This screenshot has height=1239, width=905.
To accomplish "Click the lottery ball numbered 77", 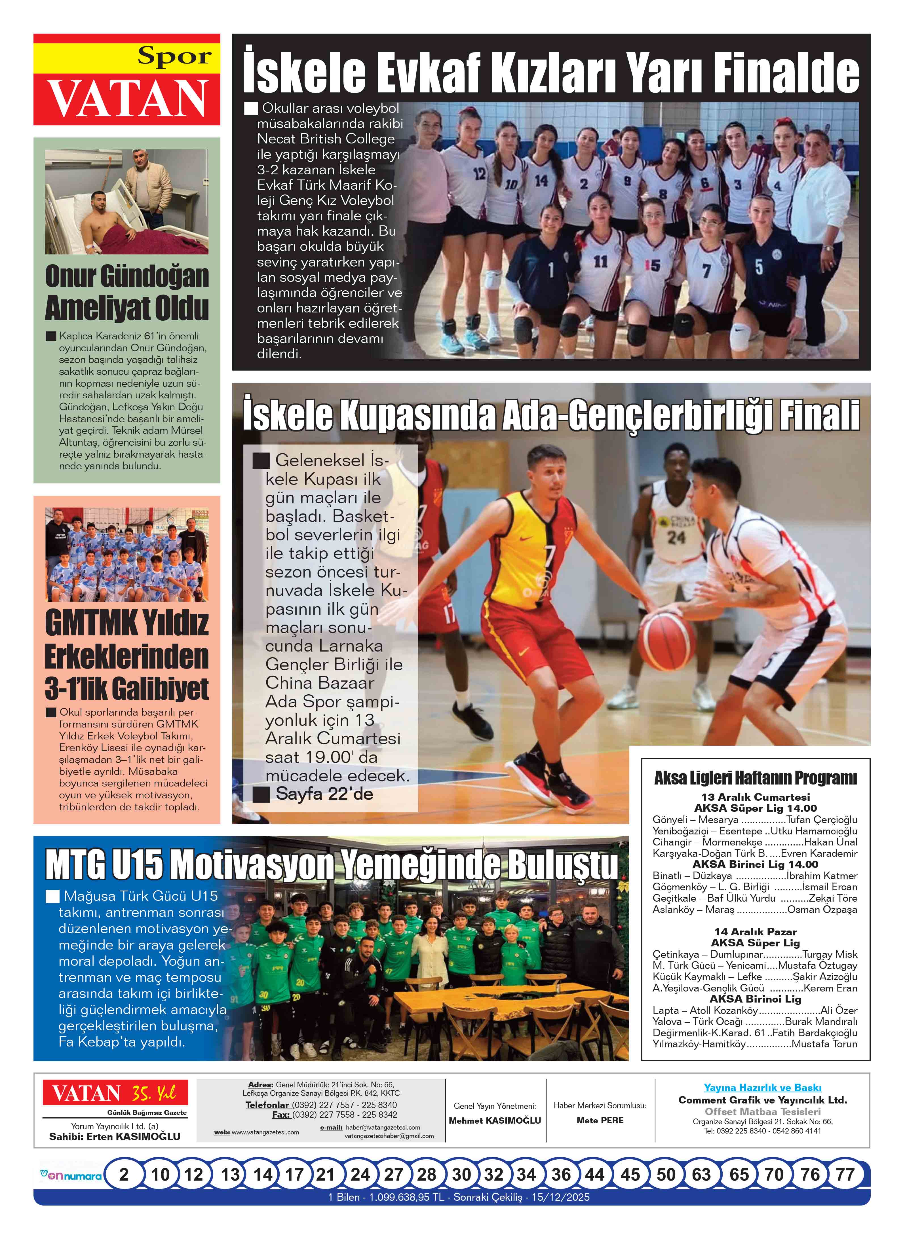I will (845, 1174).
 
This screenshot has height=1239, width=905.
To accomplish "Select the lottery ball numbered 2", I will (124, 1174).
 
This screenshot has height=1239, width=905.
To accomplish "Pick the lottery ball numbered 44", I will (594, 1174).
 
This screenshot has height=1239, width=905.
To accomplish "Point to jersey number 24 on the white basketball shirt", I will (676, 537).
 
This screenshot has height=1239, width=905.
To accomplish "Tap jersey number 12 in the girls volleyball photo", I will (479, 174).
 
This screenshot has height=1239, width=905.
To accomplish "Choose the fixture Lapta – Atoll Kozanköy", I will (705, 1010).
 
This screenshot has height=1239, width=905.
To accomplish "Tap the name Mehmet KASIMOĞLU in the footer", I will (495, 1120).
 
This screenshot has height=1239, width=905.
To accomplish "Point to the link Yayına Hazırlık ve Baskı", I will (762, 1087).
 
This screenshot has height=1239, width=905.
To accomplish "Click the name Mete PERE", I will (600, 1120).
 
